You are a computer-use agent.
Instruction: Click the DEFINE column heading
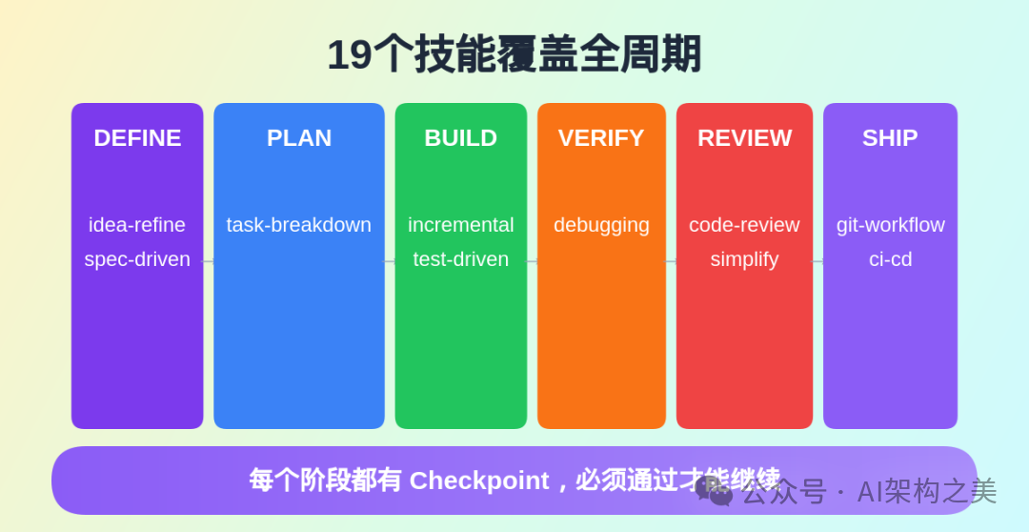[x=137, y=138]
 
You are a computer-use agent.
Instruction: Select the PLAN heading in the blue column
[x=299, y=138]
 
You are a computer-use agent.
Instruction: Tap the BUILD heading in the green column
[x=460, y=138]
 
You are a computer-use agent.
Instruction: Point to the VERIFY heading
[x=601, y=138]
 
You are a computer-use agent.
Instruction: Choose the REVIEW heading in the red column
[x=744, y=138]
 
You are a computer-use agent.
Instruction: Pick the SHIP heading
[x=890, y=138]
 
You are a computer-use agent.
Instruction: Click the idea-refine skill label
[x=137, y=225]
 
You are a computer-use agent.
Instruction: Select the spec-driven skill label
[x=137, y=259]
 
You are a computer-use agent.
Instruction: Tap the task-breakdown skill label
[x=299, y=225]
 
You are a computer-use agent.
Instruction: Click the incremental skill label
[x=460, y=225]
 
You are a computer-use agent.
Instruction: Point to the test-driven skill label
[x=460, y=259]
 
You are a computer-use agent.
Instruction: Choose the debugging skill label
[x=601, y=225]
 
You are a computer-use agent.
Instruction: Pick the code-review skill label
[x=744, y=225]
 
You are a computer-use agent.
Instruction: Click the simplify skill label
[x=744, y=259]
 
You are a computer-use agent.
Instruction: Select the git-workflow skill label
[x=890, y=225]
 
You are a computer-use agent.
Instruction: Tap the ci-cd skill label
[x=890, y=259]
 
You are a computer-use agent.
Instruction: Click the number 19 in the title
[x=349, y=54]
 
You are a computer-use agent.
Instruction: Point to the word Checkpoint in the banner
[x=479, y=481]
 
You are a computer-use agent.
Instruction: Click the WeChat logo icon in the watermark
[x=714, y=491]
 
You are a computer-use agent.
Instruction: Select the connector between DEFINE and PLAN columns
[x=209, y=261]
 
